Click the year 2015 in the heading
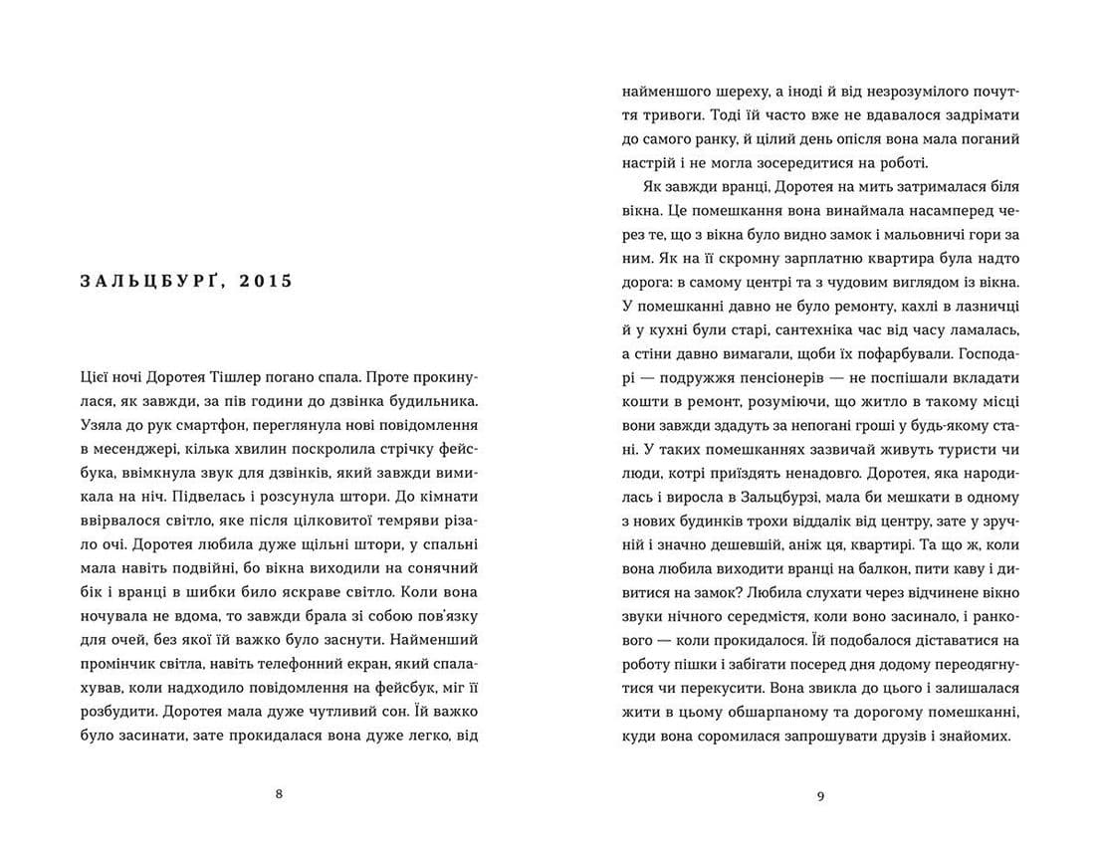(x=266, y=282)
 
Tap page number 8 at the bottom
(x=278, y=793)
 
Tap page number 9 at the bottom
(x=820, y=793)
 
